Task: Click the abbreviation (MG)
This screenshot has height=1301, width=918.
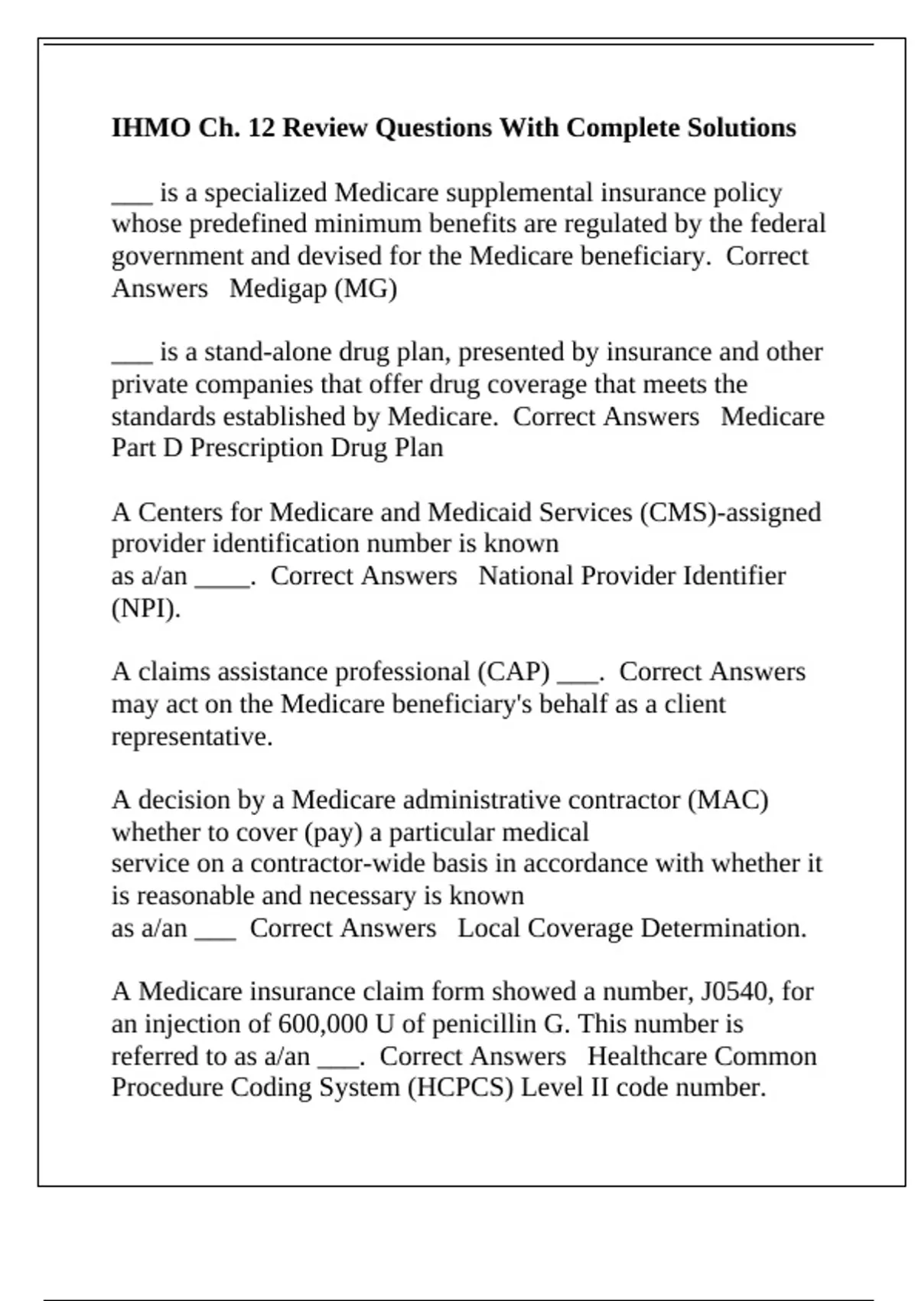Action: click(366, 289)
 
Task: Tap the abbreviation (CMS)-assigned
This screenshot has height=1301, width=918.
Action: click(730, 512)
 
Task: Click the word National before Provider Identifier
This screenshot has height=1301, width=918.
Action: click(526, 576)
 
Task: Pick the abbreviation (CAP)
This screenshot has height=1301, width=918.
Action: click(513, 672)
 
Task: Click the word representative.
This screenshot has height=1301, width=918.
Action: click(191, 737)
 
